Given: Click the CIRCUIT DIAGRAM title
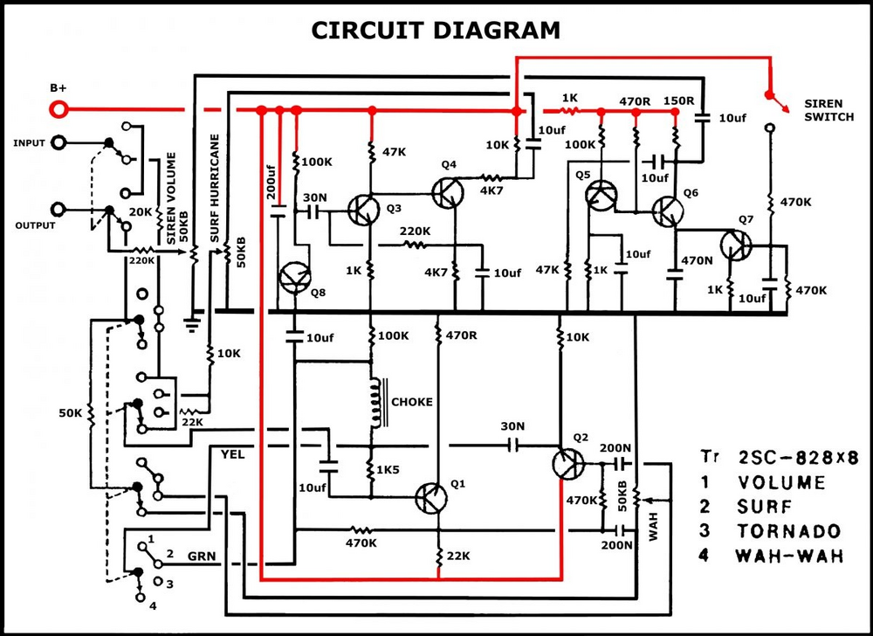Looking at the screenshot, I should [436, 31].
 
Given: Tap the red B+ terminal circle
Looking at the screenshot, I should [59, 110].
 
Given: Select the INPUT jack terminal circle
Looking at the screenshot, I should [59, 142].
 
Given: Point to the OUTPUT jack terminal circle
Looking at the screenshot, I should [59, 209].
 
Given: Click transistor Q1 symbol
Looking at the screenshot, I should [431, 499].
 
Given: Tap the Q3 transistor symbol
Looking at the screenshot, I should [362, 209].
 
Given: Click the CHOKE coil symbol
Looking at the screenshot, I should [375, 403].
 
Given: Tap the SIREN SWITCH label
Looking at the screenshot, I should [828, 110].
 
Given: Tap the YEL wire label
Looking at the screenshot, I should [233, 454].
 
